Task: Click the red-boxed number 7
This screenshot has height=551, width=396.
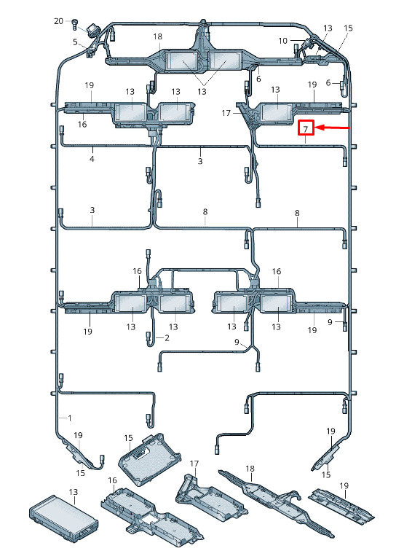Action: click(x=306, y=128)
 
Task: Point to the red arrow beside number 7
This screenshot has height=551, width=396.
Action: click(x=333, y=128)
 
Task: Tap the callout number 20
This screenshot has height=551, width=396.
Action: click(x=58, y=21)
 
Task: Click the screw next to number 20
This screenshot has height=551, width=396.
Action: click(x=75, y=24)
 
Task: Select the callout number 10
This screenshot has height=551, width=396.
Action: click(x=282, y=41)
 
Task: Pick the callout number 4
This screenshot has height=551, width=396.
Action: click(x=92, y=159)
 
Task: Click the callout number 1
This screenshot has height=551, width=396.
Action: click(x=70, y=418)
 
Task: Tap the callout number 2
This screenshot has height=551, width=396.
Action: click(x=167, y=337)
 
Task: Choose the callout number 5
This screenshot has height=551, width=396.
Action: click(x=75, y=42)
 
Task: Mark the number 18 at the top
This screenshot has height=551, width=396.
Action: click(x=158, y=36)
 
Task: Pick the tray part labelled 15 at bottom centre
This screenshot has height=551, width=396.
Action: click(x=150, y=459)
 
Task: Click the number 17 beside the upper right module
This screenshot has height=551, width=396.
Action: click(x=226, y=113)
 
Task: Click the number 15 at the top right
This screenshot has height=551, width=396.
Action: click(x=348, y=28)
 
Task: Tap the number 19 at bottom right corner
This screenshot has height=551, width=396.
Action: click(x=344, y=485)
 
